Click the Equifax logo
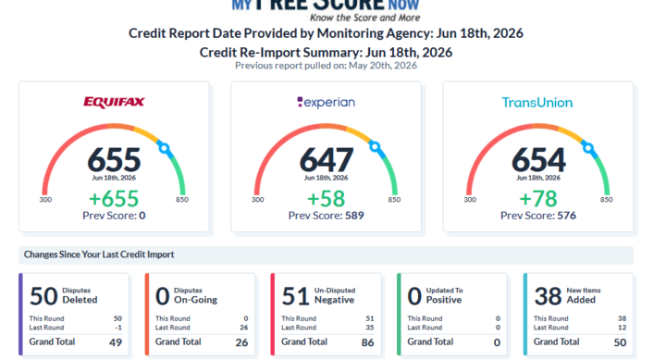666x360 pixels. pos(114,102)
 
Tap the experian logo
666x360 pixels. pos(326,103)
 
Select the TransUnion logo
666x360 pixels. pos(537,103)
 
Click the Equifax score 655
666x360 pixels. pos(114,160)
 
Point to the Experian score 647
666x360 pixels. pos(327,160)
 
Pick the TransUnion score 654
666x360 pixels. pos(538,160)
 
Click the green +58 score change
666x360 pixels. pos(327,198)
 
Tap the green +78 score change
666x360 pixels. pos(538,198)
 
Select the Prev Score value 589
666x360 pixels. pos(354,216)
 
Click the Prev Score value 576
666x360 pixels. pos(567,216)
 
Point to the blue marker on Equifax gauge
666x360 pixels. pos(164,148)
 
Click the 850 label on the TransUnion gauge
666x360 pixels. pos(606,199)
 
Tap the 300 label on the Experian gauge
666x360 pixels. pos(257,199)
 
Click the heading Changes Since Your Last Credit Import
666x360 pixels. pos(99,254)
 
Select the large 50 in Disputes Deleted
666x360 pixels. pos(43,296)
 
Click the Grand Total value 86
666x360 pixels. pos(368,342)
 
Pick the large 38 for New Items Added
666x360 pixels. pos(548,296)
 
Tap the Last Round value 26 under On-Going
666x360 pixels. pos(244,328)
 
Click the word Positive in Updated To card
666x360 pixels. pos(444,300)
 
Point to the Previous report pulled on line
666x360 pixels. pos(326,66)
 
